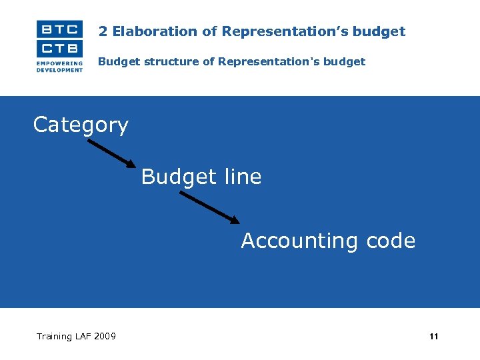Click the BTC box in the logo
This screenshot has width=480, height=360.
point(59,29)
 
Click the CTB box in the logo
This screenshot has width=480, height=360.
point(59,49)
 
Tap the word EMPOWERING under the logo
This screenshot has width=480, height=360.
point(59,64)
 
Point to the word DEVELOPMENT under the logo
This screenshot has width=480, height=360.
point(59,70)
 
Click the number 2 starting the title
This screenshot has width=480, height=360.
point(103,31)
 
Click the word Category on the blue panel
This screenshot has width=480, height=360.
point(81,125)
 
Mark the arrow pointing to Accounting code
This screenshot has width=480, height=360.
point(209,207)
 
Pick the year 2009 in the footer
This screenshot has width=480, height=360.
point(105,336)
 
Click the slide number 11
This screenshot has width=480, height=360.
point(434,337)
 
